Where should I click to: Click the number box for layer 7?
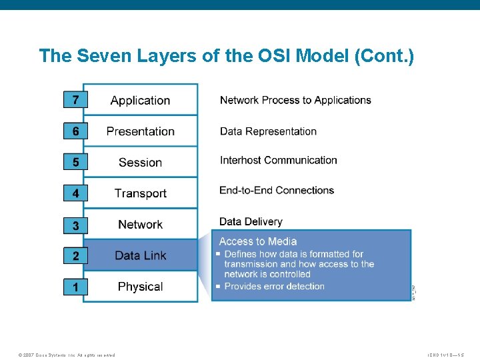(75, 100)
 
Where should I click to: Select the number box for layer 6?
(75, 131)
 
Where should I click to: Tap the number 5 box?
(75, 162)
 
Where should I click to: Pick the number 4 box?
(75, 193)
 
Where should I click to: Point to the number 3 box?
(75, 225)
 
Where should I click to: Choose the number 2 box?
(75, 256)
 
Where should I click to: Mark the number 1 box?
(75, 287)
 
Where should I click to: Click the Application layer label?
(140, 101)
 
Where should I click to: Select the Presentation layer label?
(140, 131)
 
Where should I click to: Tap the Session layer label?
(140, 163)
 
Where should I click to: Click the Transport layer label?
(140, 193)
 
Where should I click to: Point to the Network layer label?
(140, 225)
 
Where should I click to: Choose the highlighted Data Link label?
(140, 255)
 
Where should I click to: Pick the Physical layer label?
(140, 287)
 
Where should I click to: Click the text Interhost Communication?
(278, 160)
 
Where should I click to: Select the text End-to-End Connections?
(277, 190)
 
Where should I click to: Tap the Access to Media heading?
(257, 241)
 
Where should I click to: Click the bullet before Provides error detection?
(218, 287)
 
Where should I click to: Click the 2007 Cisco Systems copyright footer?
(67, 355)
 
